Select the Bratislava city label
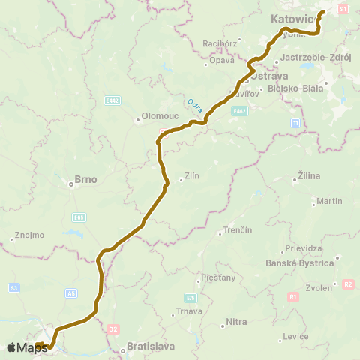tap(151, 346)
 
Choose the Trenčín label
tap(238, 229)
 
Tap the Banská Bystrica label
tap(300, 263)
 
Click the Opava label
tap(222, 59)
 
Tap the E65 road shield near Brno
tap(79, 217)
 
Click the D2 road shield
tap(114, 328)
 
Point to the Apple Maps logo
tap(27, 347)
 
